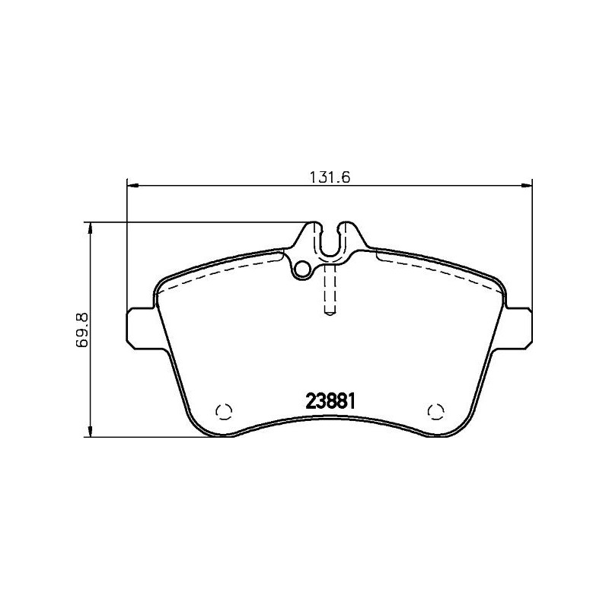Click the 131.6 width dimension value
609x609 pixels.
[x=328, y=177]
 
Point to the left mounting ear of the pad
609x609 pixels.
[x=139, y=327]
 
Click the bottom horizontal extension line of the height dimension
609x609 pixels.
[x=145, y=438]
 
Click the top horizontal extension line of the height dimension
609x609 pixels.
[x=198, y=222]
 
